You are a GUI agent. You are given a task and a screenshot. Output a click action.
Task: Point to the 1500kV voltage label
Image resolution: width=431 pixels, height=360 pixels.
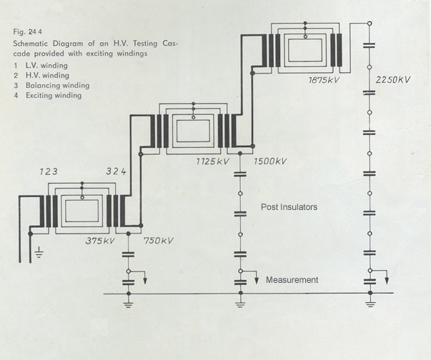[270, 161]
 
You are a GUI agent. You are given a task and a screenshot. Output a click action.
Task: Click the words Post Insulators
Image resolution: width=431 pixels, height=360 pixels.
[289, 207]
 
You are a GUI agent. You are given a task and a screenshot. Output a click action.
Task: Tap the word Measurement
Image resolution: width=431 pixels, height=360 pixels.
[292, 280]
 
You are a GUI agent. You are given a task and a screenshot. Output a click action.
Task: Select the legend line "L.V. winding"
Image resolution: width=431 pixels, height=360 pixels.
[48, 66]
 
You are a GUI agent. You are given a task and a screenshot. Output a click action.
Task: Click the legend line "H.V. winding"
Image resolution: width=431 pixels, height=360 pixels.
[48, 76]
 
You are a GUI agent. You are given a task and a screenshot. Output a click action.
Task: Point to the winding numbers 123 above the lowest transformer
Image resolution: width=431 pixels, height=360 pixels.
[51, 172]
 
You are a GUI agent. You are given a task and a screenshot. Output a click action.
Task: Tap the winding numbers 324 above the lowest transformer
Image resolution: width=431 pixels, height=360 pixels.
[117, 172]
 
